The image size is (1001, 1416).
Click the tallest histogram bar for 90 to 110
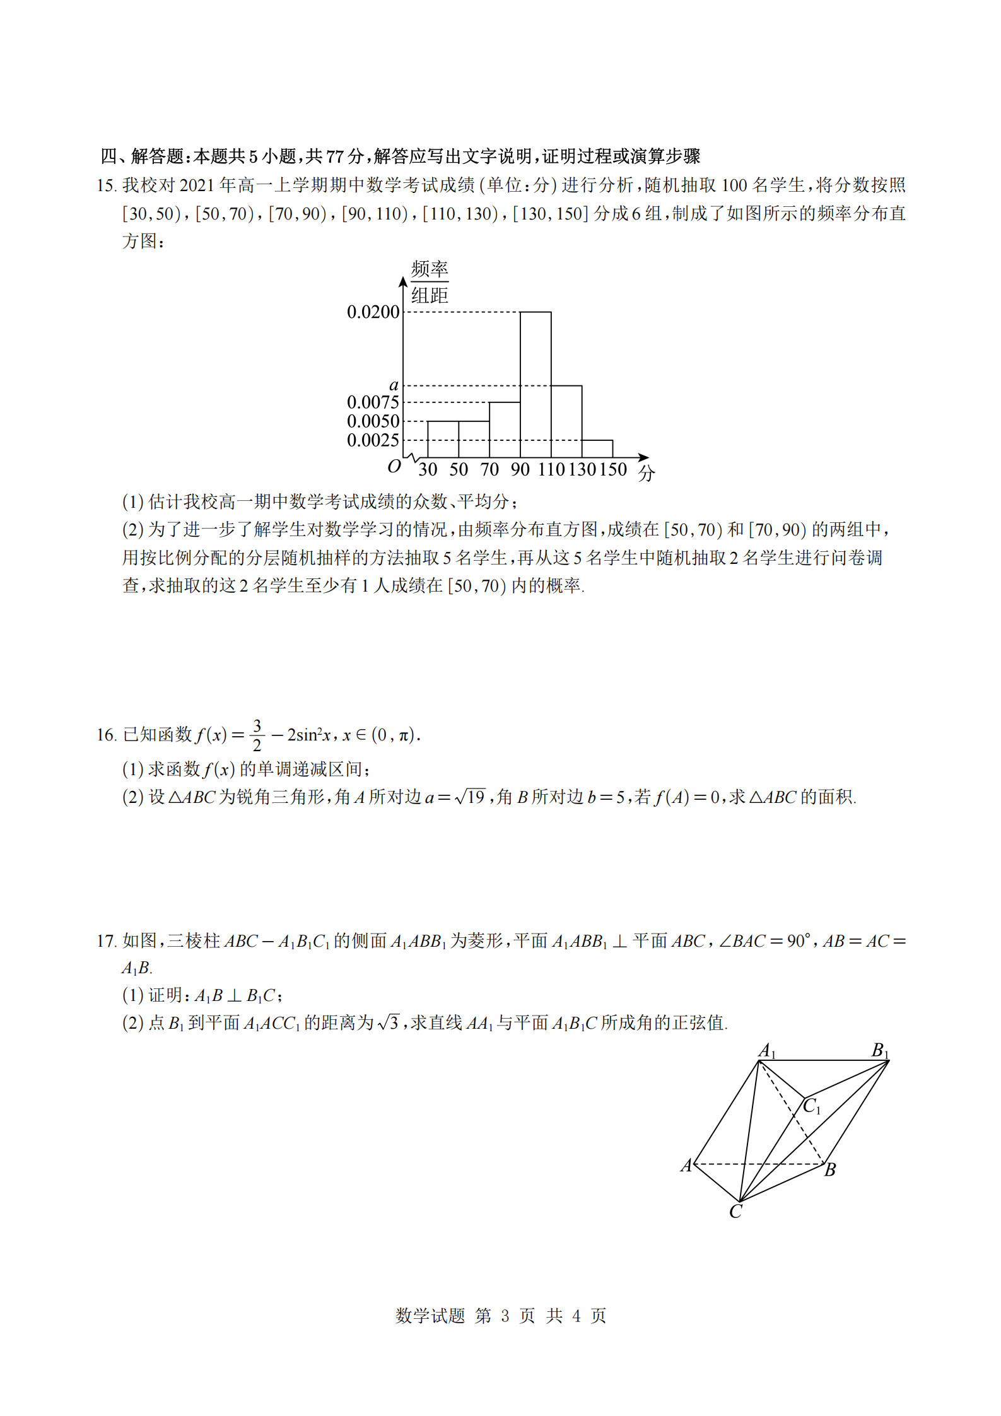pos(536,385)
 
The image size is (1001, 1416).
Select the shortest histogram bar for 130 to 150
pos(597,448)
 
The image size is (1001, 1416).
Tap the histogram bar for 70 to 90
pos(505,430)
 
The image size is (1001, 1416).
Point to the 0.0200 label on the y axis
pos(373,312)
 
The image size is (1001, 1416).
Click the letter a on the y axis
pos(394,385)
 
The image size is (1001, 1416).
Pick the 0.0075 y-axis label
pos(373,402)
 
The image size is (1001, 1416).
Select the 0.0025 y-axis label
pos(373,440)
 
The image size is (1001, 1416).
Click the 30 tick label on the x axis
pos(428,469)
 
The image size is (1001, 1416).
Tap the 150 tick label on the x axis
pos(613,469)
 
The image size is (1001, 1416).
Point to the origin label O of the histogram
pos(394,467)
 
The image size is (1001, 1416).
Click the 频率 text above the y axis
pos(430,269)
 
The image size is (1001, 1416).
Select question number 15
pos(106,185)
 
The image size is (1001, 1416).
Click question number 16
pos(106,735)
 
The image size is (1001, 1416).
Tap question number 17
pos(106,941)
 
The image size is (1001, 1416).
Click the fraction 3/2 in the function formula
pos(257,735)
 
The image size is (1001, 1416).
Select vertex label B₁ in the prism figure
pos(880,1051)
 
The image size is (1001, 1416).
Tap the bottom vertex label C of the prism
pos(735,1212)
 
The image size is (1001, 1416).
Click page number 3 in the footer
pos(505,1316)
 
